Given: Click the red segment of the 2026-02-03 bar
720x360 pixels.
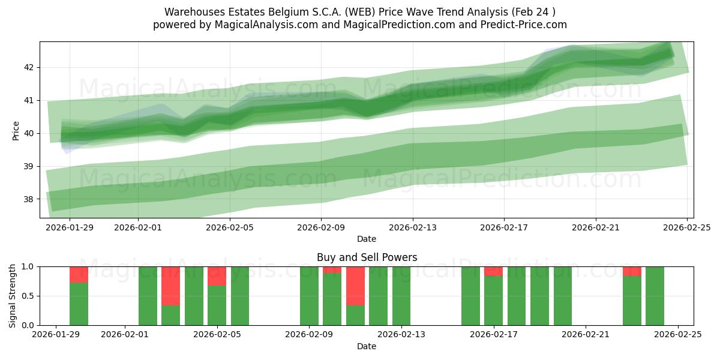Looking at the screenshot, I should point(171,286).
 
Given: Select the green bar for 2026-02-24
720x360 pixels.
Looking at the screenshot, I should point(655,296).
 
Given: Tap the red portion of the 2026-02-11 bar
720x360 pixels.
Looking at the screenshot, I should point(355,286).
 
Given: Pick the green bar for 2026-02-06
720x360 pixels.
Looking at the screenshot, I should point(240,296).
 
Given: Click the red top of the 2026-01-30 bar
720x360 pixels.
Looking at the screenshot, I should point(79,274).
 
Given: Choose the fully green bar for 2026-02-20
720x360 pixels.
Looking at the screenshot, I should point(563,296).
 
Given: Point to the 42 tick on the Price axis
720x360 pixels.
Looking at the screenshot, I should point(29,67).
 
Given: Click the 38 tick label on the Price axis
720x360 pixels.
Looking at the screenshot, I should point(29,199).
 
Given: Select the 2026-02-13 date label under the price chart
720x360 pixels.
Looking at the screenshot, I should point(412,227).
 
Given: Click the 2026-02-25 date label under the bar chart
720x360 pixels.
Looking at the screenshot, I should point(677,335).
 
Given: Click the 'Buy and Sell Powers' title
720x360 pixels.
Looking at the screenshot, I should point(367,257).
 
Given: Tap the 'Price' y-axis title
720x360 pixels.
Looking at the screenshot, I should point(16,131).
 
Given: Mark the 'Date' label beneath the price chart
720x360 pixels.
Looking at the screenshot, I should point(367,239).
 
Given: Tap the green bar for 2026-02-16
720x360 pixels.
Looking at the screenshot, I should point(470,296).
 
